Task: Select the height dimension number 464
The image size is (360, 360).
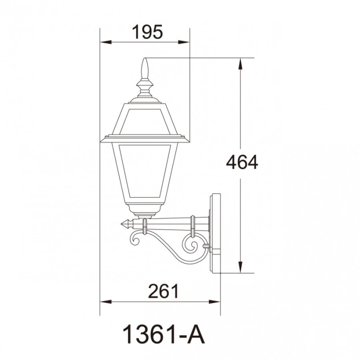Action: tap(242, 162)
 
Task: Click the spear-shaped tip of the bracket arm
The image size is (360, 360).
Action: tap(127, 223)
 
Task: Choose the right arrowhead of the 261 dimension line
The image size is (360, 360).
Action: tap(216, 302)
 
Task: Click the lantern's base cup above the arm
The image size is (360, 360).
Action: tap(144, 209)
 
